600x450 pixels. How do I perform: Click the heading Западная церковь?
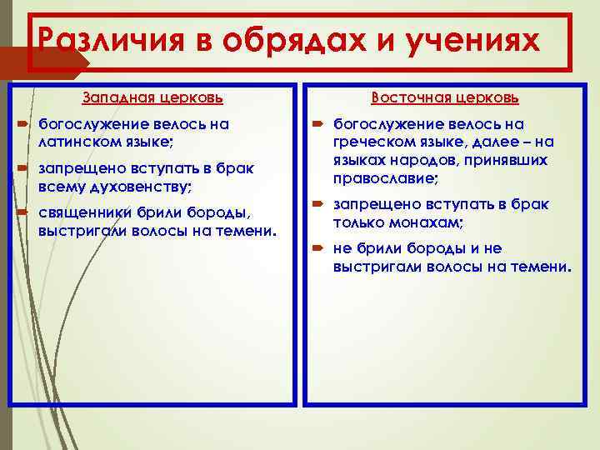(152, 98)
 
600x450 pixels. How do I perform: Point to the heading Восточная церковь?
(445, 98)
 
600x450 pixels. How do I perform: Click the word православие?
(385, 179)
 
